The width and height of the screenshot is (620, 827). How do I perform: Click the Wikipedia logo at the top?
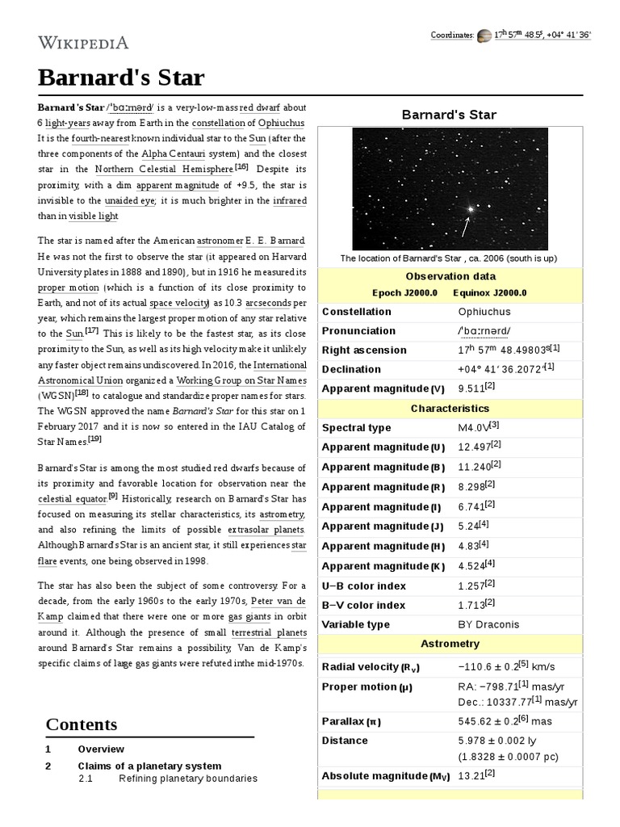tap(83, 42)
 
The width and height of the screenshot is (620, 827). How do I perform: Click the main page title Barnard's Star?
tap(121, 78)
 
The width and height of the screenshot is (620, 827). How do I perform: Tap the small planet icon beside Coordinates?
tap(484, 36)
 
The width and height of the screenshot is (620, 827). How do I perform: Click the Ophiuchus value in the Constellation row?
tap(484, 312)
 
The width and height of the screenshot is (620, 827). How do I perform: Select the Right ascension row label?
tap(364, 351)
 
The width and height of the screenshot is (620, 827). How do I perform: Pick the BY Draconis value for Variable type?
tap(488, 624)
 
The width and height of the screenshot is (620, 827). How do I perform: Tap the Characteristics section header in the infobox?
tap(450, 409)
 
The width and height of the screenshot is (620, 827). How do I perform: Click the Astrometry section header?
tap(450, 644)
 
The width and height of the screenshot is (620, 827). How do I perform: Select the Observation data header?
tap(450, 276)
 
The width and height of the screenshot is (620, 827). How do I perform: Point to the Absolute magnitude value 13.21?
tap(471, 776)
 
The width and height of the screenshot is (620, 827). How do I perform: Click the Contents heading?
tap(82, 724)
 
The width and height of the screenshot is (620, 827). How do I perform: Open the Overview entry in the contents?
tap(101, 749)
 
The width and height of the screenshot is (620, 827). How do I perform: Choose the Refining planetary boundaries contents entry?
tap(187, 779)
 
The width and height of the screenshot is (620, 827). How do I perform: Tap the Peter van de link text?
tap(279, 602)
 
